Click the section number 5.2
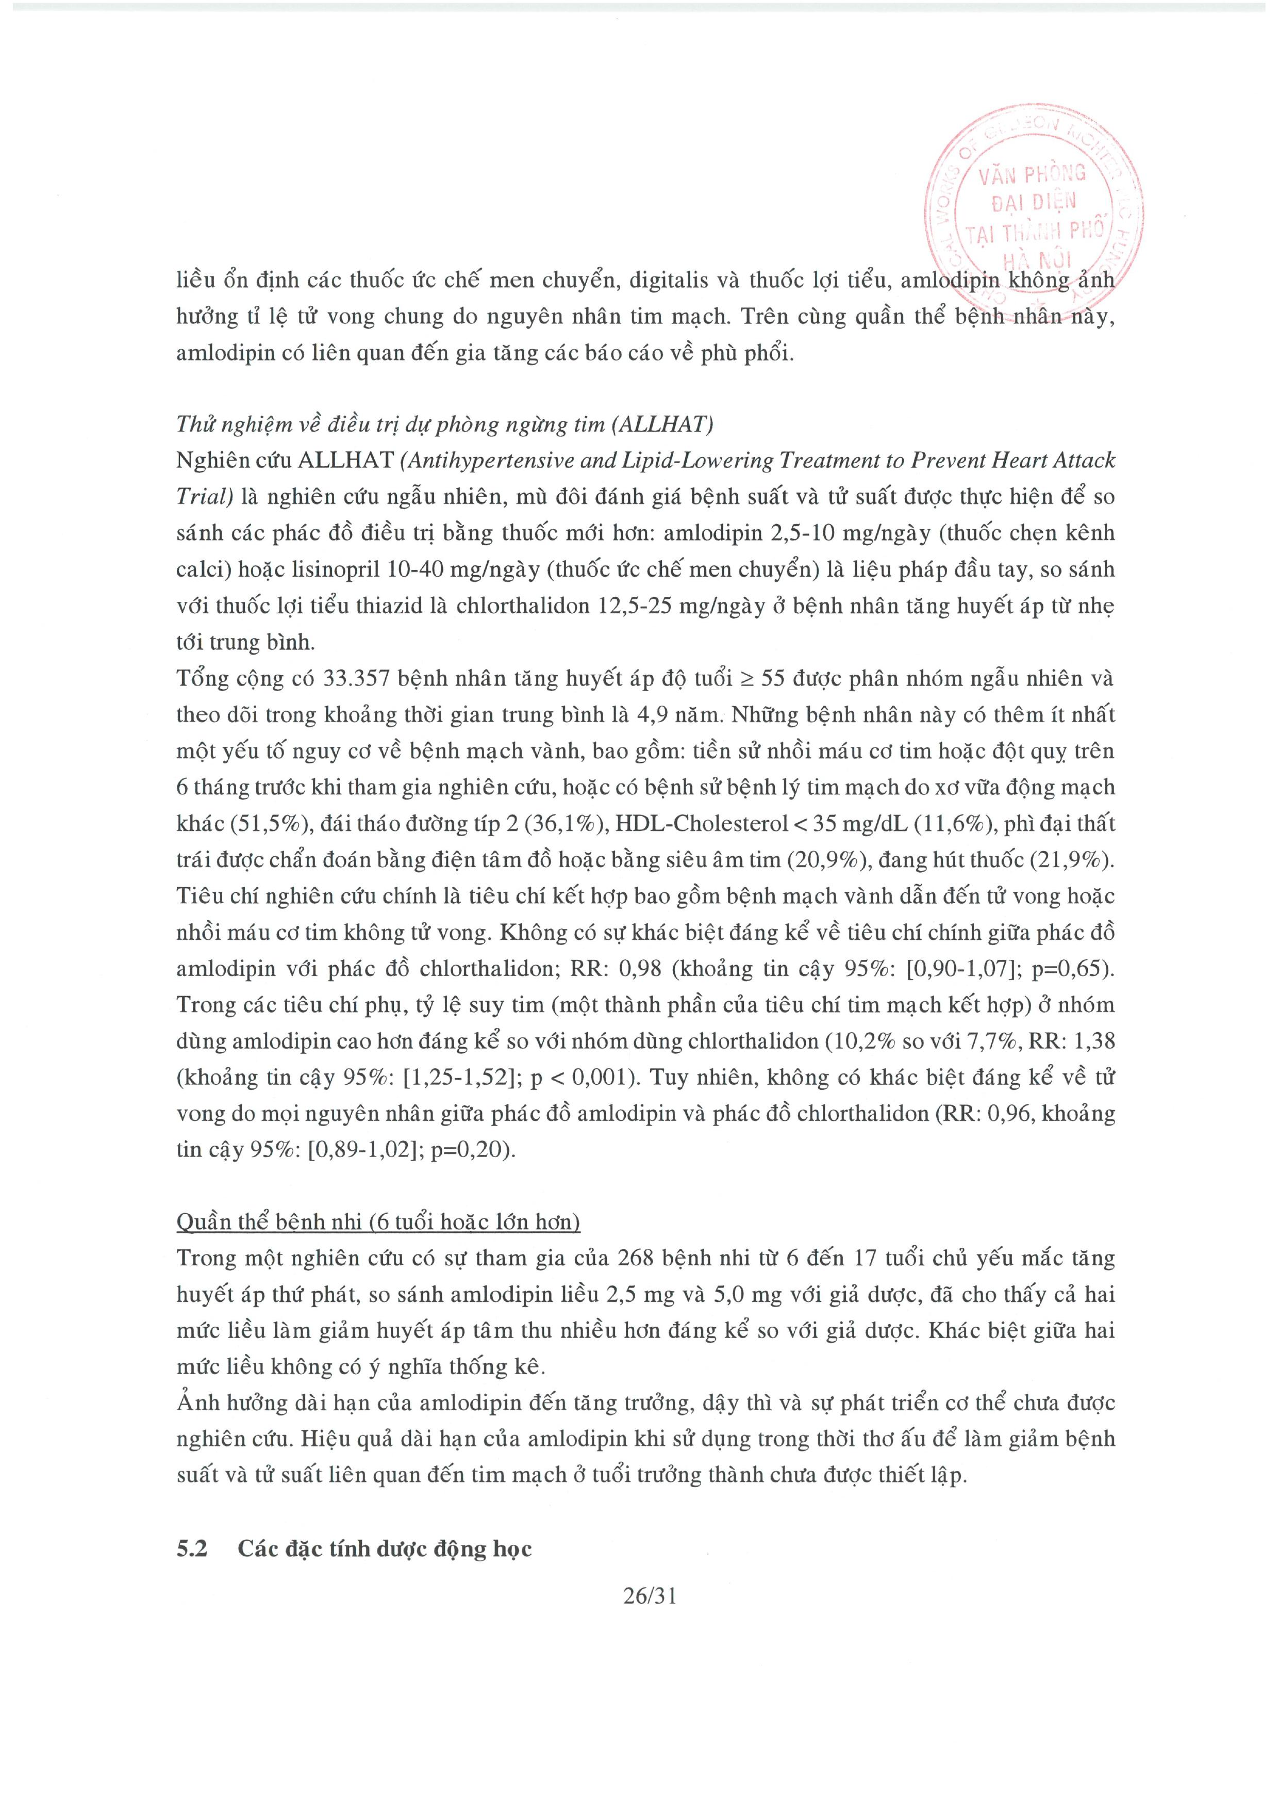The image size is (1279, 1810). (x=191, y=1548)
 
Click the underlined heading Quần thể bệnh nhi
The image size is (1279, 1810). (x=378, y=1222)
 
